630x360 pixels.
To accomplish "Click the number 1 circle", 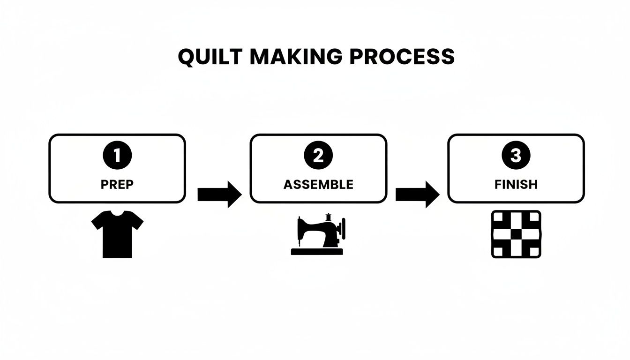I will pyautogui.click(x=117, y=156).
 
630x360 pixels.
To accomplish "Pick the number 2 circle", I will pyautogui.click(x=318, y=156).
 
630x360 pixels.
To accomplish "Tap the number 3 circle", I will pyautogui.click(x=516, y=156).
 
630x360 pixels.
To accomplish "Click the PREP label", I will pyautogui.click(x=117, y=185).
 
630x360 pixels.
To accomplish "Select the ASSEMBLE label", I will pyautogui.click(x=318, y=185).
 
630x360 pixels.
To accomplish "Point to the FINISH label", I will pyautogui.click(x=516, y=185).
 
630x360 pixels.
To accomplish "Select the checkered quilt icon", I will pyautogui.click(x=516, y=234).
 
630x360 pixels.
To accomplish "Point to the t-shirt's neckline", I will pyautogui.click(x=117, y=214).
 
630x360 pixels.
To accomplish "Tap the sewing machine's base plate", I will pyautogui.click(x=317, y=252).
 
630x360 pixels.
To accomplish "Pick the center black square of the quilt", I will pyautogui.click(x=516, y=234).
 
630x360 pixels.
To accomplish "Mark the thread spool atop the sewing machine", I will pyautogui.click(x=329, y=217).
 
